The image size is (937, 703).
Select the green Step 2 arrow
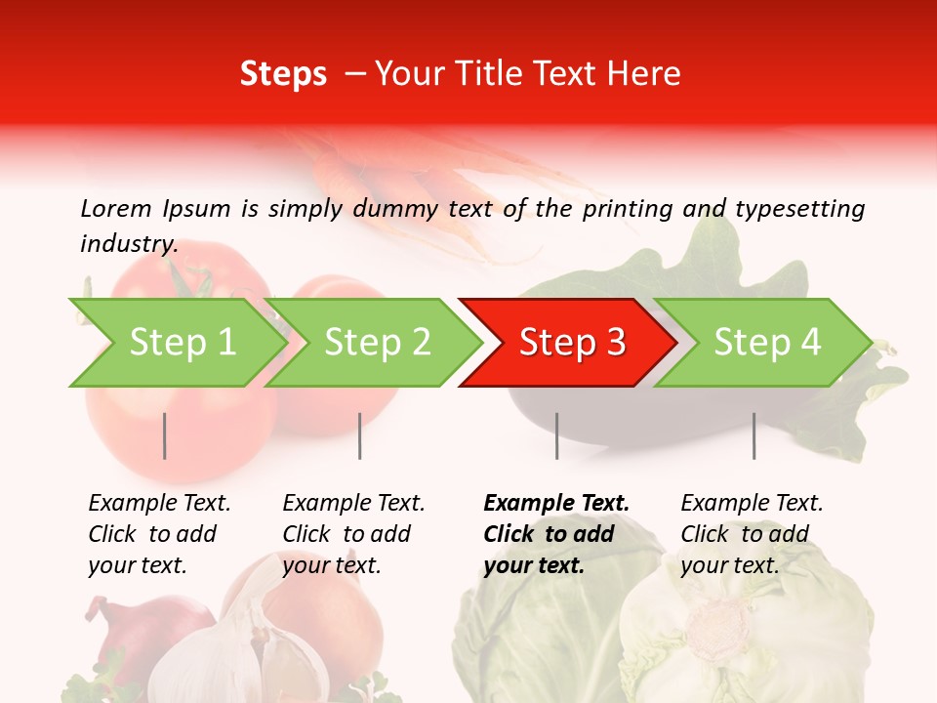point(376,342)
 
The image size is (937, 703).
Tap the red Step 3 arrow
point(571,342)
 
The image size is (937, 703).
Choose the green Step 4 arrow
point(766,342)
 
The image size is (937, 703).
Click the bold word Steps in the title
point(283,74)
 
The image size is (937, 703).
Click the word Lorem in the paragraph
point(116,208)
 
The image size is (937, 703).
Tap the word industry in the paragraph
point(128,244)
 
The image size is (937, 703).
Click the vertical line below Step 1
point(165,435)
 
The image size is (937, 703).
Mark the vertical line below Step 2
point(360,435)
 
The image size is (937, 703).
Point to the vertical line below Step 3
point(556,435)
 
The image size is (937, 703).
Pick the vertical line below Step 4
point(754,435)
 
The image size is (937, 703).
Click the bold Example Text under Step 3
point(556,503)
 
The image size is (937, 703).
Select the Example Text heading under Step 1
point(159,503)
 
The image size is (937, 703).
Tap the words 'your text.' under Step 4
point(729,565)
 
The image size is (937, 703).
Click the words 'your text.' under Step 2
point(331,565)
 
